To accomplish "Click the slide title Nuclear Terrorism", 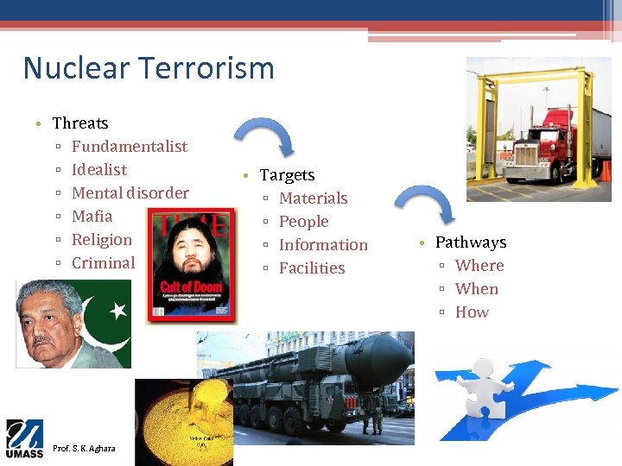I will point(148,67).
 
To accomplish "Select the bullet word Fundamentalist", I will point(129,146).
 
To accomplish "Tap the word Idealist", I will point(98,169).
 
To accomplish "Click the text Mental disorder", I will point(130,192).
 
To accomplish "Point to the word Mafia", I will point(92,216).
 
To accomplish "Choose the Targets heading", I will point(287,175).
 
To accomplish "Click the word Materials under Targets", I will point(313,198).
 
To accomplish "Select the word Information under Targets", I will point(323,245).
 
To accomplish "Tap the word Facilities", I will point(312,268).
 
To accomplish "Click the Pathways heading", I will point(470,242).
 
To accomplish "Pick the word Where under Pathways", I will point(479,266).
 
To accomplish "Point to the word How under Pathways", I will point(472,312).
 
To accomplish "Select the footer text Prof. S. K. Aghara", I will point(84,449).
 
